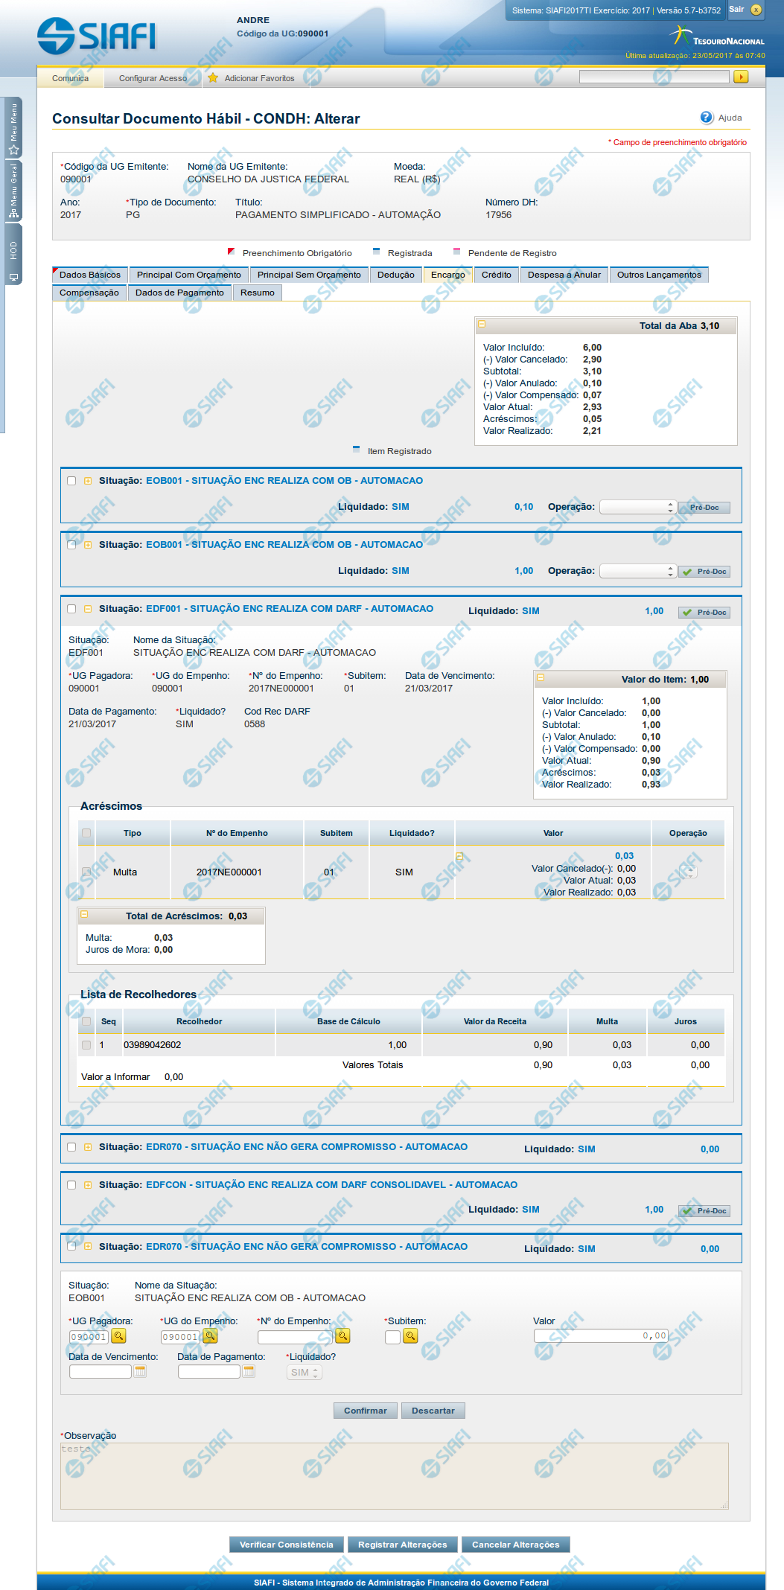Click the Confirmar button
tap(365, 1411)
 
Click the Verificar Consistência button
tap(287, 1545)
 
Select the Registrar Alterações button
tap(402, 1545)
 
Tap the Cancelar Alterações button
tap(515, 1545)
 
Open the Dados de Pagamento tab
tap(179, 293)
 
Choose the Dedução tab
tap(395, 275)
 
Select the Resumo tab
tap(258, 293)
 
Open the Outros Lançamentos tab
tap(659, 275)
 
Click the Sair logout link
tap(736, 10)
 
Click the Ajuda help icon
tap(707, 118)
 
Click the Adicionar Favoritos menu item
tap(259, 78)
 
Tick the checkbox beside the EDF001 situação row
tap(71, 609)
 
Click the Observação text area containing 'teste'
tap(395, 1476)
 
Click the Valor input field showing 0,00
tap(601, 1336)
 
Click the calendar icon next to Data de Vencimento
tap(139, 1371)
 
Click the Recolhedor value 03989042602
tap(153, 1045)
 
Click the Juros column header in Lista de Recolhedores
tap(685, 1021)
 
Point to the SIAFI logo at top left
tap(97, 36)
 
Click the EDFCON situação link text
tap(331, 1184)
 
